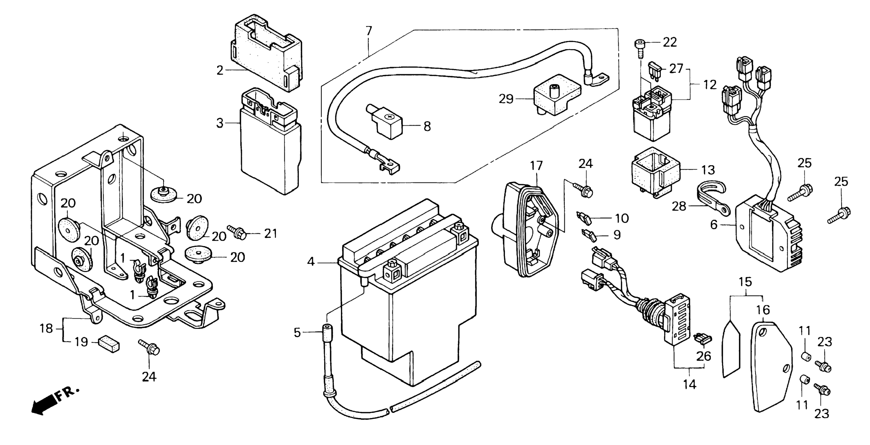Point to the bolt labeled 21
tap(237, 232)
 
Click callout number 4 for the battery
tap(311, 261)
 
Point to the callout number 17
tap(536, 166)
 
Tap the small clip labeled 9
tap(589, 235)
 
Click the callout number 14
tap(690, 385)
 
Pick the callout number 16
tap(763, 310)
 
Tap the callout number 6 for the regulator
tap(713, 225)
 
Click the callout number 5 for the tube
tap(297, 333)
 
